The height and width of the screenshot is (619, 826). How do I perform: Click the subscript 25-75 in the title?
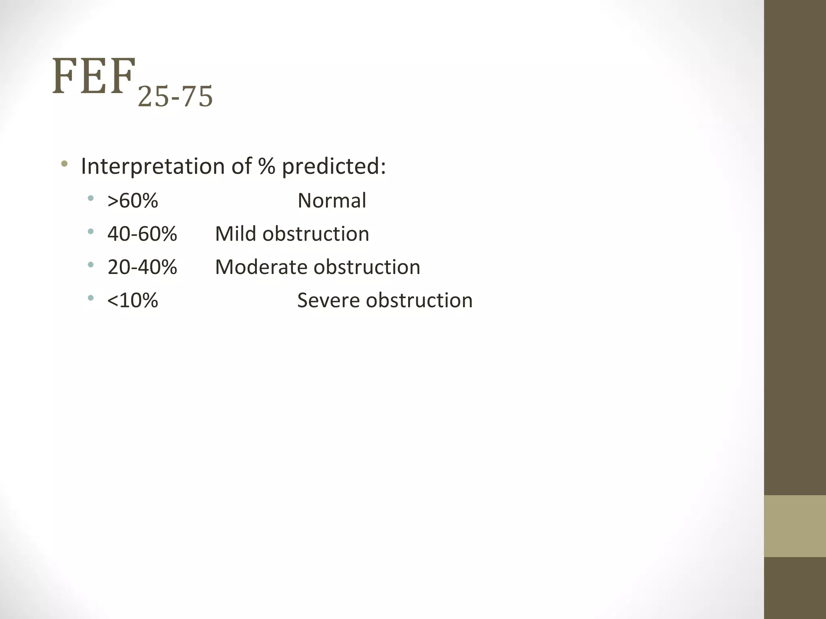click(175, 98)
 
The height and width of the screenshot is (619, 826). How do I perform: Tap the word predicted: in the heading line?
click(334, 166)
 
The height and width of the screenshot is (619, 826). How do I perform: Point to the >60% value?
click(133, 201)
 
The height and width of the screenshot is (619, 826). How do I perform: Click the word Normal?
click(332, 201)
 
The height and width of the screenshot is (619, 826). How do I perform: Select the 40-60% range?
click(142, 234)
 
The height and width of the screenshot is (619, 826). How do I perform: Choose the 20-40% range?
click(142, 267)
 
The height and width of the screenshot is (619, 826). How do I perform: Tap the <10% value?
click(133, 301)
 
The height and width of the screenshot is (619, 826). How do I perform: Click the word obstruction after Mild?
click(316, 234)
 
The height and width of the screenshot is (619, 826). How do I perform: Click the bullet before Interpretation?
click(64, 164)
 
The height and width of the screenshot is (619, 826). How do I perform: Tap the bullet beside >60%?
click(91, 198)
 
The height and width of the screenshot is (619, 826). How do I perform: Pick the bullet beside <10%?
click(91, 298)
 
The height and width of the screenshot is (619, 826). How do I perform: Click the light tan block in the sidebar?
click(795, 526)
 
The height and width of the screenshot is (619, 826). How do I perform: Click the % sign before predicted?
click(267, 166)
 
